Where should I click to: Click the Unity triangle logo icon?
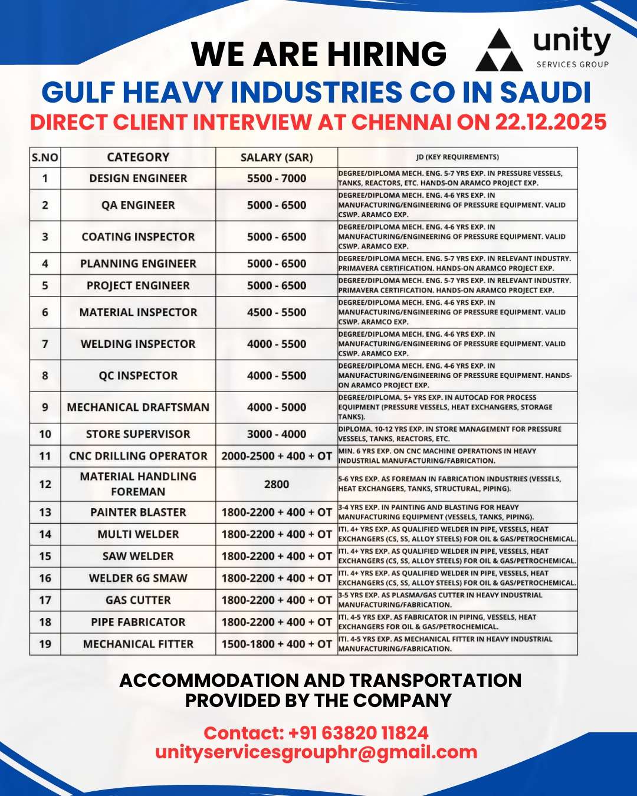499,51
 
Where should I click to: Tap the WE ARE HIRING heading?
318,54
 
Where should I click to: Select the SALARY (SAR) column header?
277,157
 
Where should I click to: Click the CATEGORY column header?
138,157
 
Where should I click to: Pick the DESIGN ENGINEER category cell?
138,178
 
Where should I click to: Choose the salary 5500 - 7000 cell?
277,178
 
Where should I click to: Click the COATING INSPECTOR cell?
138,236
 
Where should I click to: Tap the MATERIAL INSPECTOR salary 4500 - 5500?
277,313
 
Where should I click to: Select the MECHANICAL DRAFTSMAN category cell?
138,407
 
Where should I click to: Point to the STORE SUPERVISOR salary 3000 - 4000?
277,434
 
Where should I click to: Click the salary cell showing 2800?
277,484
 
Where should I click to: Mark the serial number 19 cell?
45,644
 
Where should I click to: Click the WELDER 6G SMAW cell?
138,578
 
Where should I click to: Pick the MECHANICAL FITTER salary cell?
277,644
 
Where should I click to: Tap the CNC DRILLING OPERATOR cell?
138,456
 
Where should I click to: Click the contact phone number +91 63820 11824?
358,733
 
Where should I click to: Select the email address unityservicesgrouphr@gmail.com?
316,752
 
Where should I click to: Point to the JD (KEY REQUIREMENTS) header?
457,157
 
